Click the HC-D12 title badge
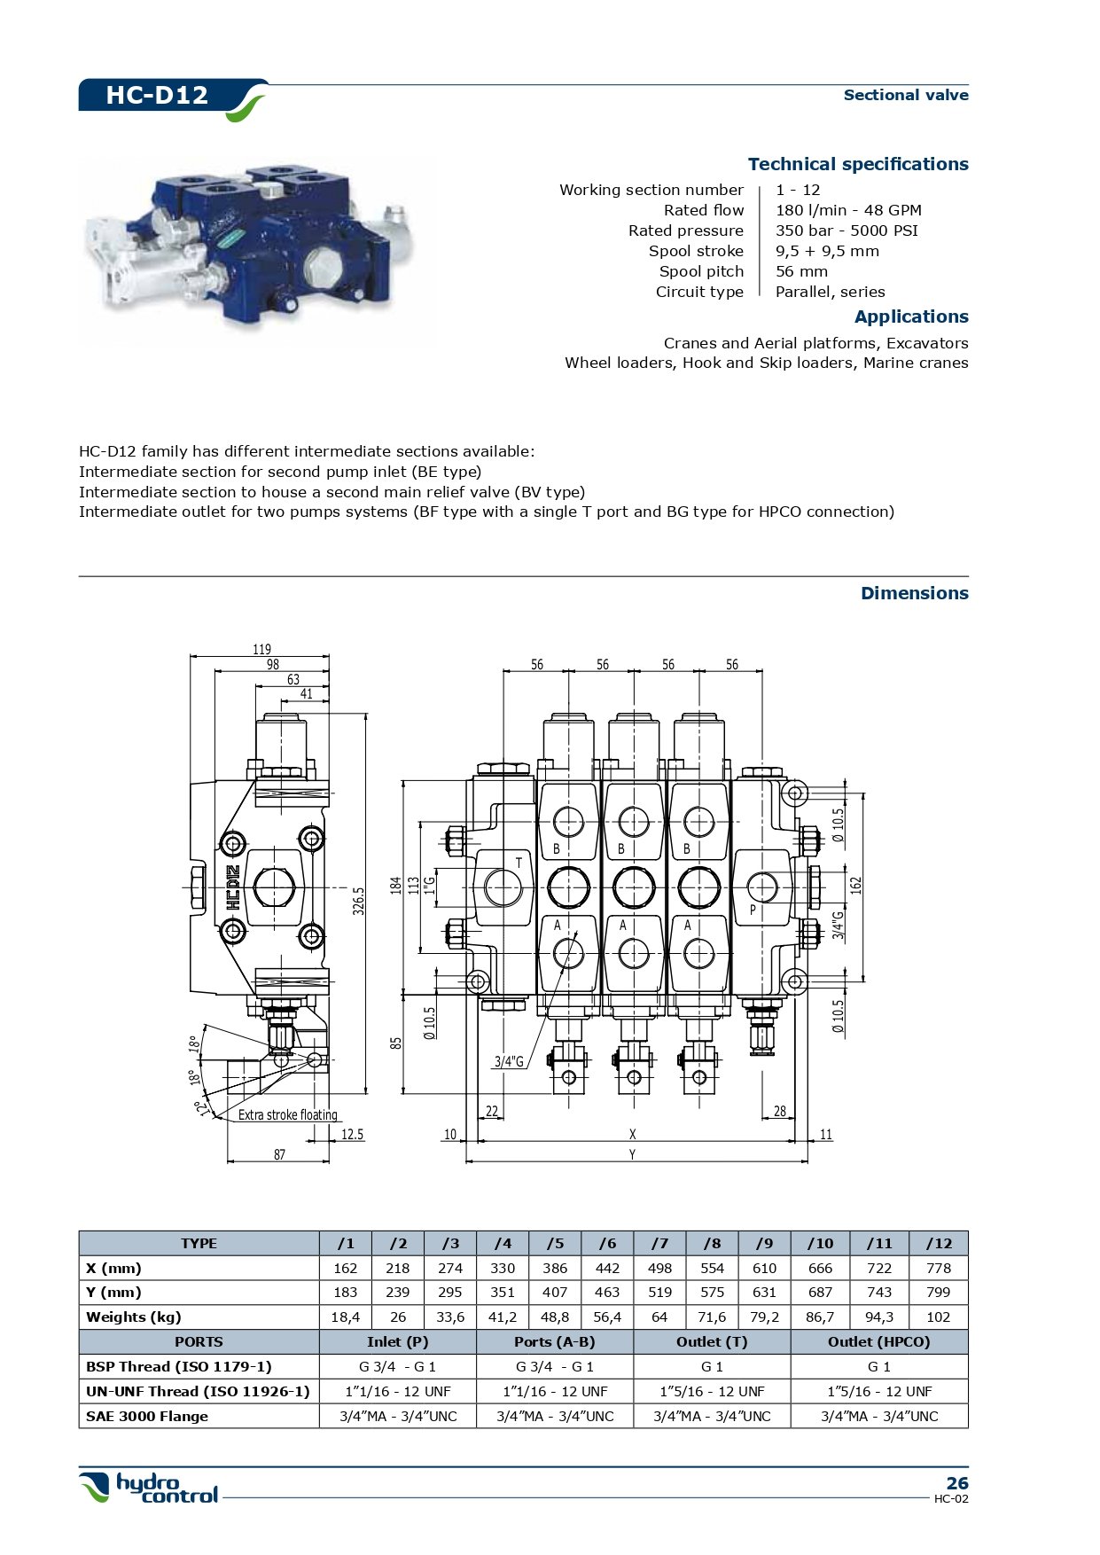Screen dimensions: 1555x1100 pos(157,95)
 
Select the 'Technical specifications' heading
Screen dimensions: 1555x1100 pos(857,164)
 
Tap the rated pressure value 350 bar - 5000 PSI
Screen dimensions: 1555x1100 pos(846,231)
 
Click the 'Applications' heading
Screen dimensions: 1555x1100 pos(910,316)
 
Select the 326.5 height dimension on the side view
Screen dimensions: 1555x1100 pos(359,901)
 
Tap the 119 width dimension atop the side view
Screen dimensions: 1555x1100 pos(261,649)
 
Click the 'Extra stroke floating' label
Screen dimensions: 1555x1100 pos(287,1114)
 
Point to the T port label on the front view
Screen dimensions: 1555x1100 pos(519,863)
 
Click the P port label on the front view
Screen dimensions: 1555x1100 pos(753,909)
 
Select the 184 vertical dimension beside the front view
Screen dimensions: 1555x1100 pos(396,884)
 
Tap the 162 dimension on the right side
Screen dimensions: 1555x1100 pos(855,884)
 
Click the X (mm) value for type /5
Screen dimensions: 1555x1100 pos(554,1268)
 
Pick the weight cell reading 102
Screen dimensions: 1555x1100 pos(938,1317)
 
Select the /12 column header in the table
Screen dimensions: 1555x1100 pos(938,1243)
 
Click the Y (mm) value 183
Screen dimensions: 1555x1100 pos(345,1292)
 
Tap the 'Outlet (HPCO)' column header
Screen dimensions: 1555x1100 pos(878,1341)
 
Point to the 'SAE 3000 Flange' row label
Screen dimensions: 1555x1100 pos(147,1416)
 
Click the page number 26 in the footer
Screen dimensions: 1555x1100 pos(956,1483)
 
